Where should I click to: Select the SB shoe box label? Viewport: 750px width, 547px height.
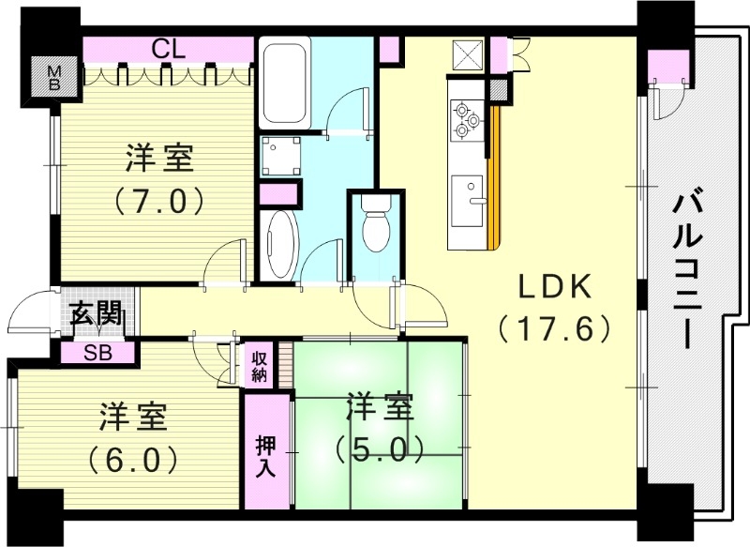click(97, 353)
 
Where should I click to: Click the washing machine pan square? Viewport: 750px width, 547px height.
click(280, 155)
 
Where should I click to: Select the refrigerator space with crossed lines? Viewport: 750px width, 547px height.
click(466, 55)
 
